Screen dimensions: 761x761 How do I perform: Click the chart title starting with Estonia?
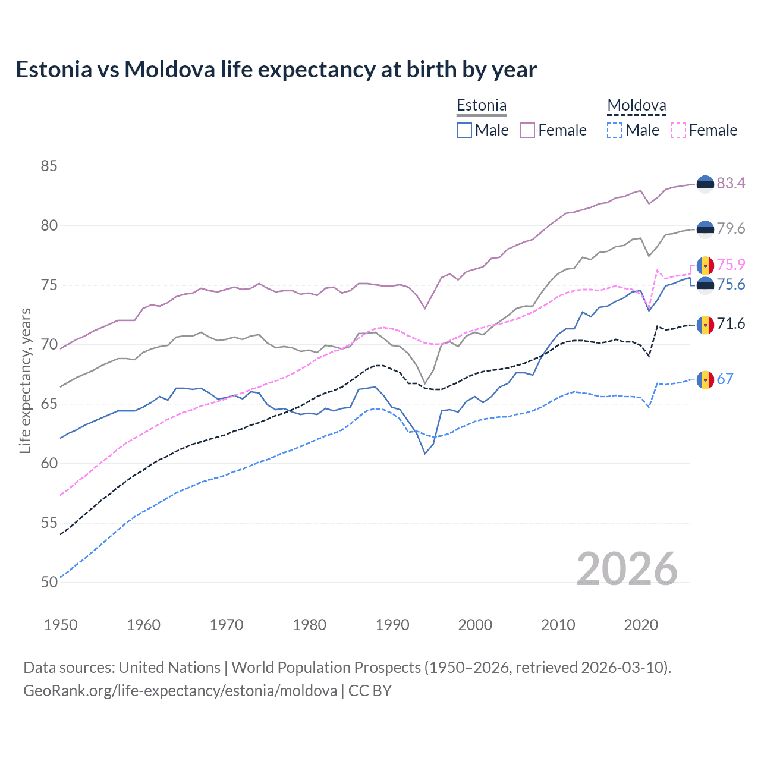click(276, 70)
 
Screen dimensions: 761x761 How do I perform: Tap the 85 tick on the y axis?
click(49, 166)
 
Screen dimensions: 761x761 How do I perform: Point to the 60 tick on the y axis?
click(49, 463)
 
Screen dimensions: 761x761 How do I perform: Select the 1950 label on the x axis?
click(61, 625)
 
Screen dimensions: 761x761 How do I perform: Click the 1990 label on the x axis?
click(392, 625)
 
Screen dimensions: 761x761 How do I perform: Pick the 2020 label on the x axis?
click(641, 625)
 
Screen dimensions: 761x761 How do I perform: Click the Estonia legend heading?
click(482, 106)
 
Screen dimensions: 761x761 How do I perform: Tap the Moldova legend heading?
click(636, 106)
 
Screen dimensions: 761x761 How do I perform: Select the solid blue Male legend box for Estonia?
click(464, 130)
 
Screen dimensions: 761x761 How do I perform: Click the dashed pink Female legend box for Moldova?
click(678, 130)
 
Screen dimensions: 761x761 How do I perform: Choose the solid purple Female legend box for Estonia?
click(527, 130)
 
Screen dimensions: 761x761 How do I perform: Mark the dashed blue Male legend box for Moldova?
click(615, 130)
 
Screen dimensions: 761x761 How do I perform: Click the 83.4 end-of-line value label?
click(731, 183)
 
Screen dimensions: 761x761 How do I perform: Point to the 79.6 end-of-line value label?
click(731, 228)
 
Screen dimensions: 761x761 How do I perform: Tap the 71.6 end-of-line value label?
click(731, 323)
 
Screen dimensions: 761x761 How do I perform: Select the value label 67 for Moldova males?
click(725, 379)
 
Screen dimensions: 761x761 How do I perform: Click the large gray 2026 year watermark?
click(627, 569)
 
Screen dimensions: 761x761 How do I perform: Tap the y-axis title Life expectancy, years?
click(25, 380)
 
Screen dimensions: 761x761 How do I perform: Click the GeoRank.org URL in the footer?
click(180, 691)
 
